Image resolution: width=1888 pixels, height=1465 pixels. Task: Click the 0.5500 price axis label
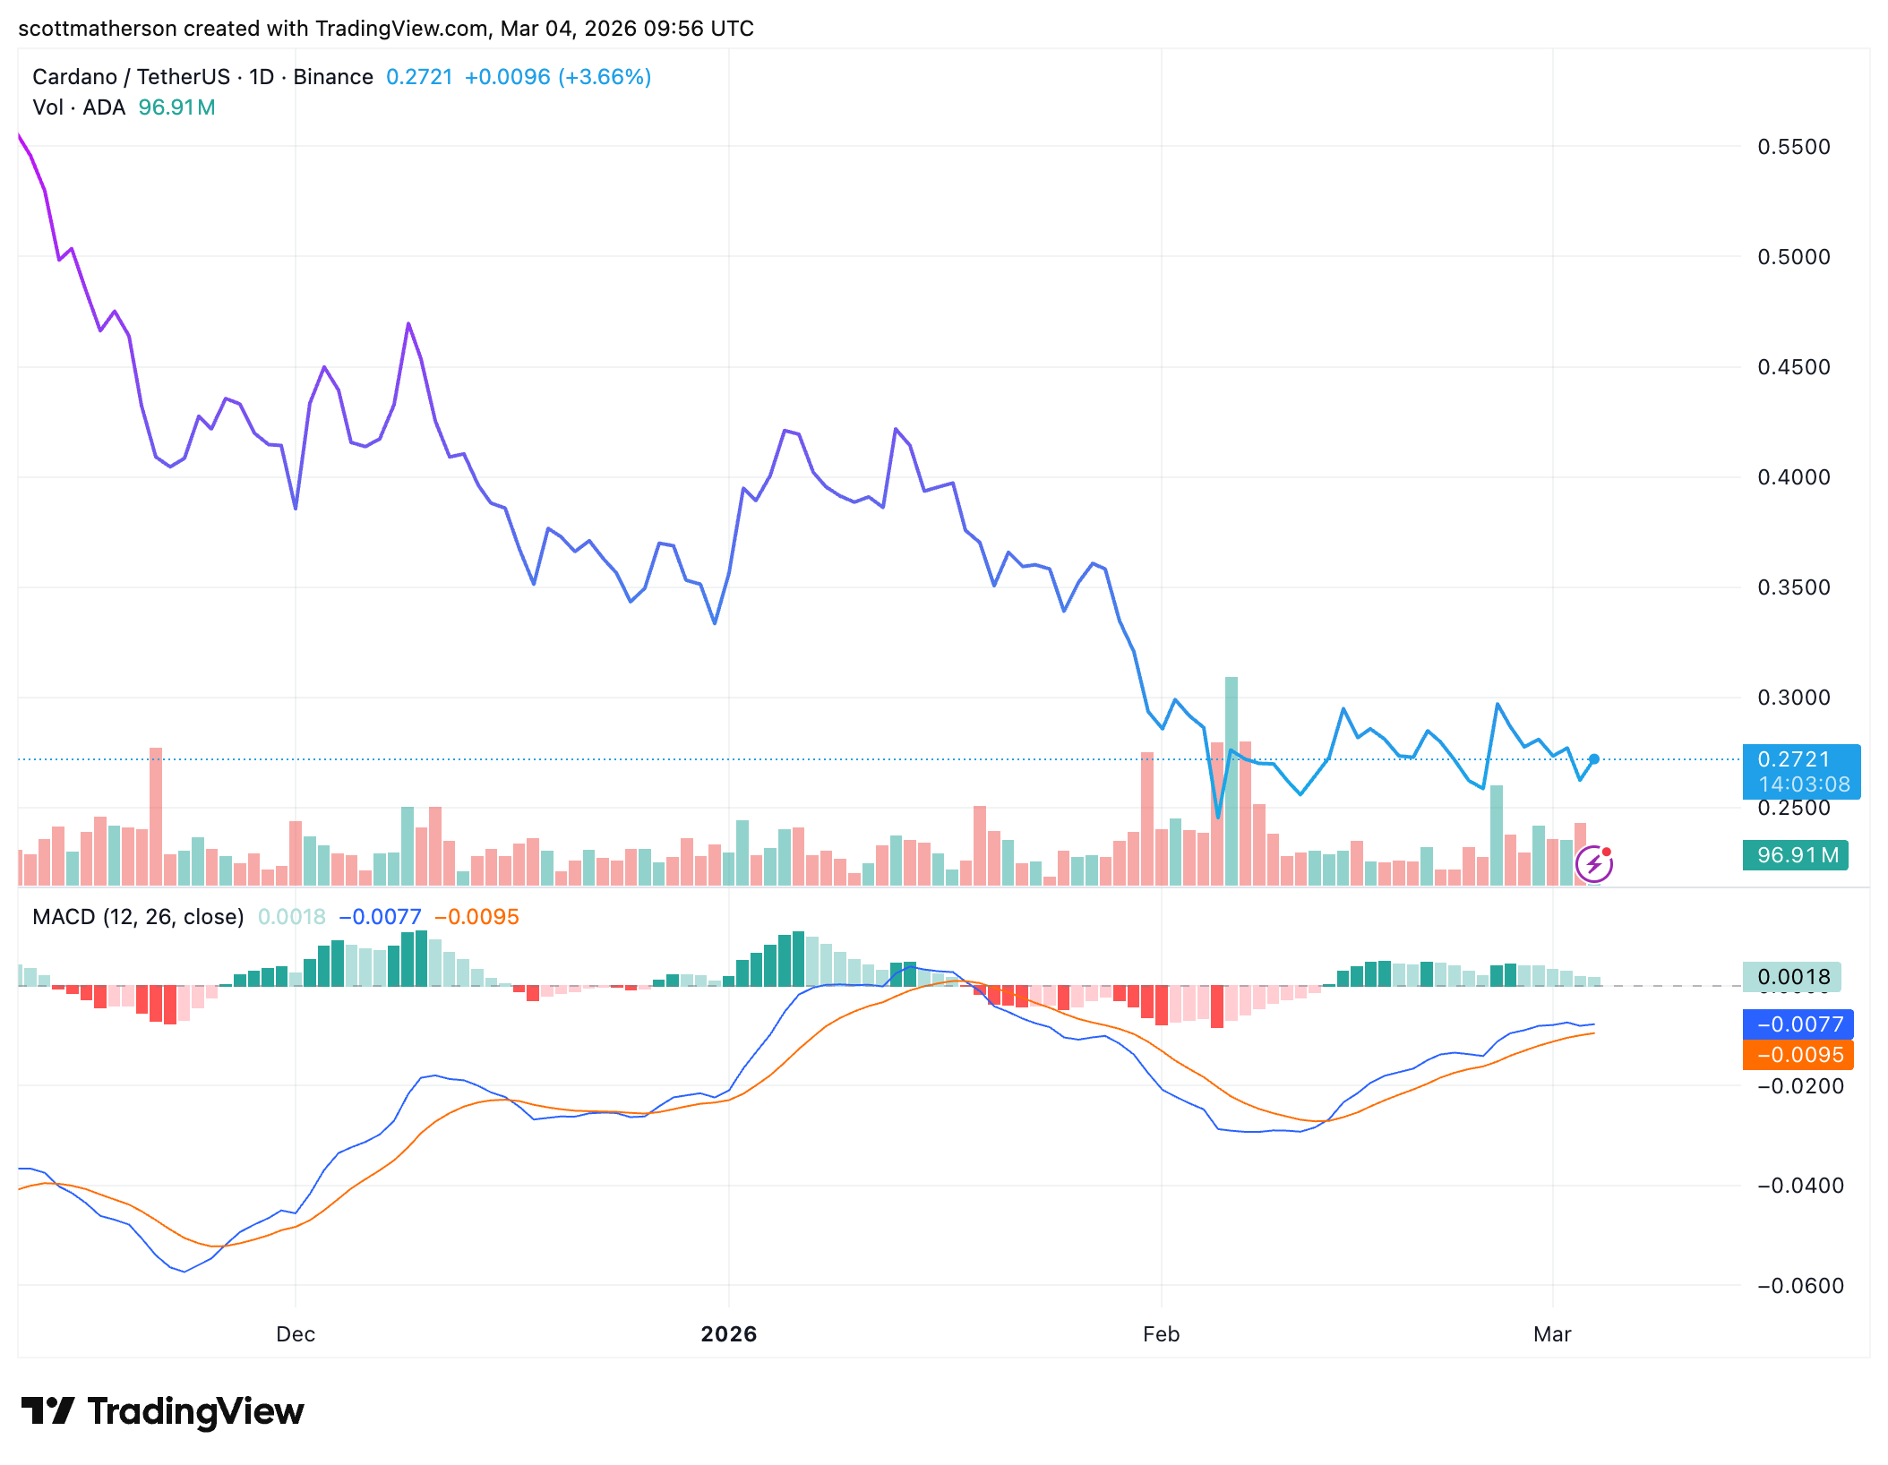click(1793, 147)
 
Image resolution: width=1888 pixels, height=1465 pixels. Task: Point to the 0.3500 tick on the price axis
click(1793, 587)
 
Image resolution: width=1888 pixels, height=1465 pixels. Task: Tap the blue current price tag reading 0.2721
click(1800, 760)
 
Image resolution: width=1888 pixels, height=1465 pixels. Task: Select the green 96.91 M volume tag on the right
click(1796, 855)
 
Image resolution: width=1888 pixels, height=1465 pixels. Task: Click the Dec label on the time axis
click(296, 1334)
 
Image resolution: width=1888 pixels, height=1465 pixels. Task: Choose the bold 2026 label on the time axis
click(728, 1334)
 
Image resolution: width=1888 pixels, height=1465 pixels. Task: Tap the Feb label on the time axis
click(1161, 1334)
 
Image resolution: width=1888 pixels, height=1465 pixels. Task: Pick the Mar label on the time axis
click(1552, 1334)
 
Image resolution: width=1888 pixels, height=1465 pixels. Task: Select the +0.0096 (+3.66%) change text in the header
click(557, 77)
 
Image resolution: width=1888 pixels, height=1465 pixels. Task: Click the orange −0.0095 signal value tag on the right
click(1798, 1055)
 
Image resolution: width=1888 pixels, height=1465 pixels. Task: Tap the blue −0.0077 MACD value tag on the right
click(1798, 1024)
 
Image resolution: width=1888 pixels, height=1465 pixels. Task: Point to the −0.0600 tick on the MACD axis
click(1800, 1286)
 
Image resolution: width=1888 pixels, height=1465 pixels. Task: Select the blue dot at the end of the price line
click(1594, 759)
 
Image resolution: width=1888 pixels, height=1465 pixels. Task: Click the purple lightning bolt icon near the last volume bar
click(1594, 864)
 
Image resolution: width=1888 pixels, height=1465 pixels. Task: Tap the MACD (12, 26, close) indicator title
click(138, 917)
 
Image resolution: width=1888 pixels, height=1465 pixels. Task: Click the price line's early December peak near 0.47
click(408, 324)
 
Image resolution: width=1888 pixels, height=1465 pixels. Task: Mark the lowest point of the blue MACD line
click(185, 1271)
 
